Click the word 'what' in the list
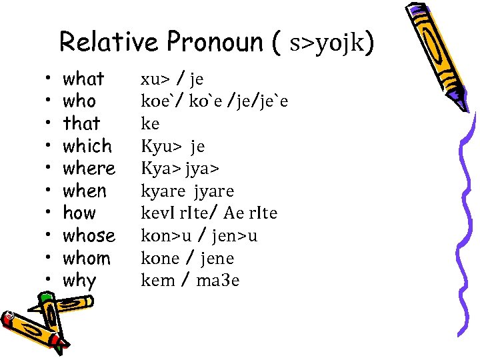83,79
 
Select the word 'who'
79,101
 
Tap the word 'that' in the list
81,123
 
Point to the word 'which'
87,146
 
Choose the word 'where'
89,169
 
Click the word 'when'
85,191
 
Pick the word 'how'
79,213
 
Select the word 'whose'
89,236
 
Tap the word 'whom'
87,259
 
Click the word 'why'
79,281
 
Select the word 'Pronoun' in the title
215,42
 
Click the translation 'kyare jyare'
187,192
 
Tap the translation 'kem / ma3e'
190,281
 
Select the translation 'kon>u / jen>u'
199,236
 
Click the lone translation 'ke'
150,124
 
